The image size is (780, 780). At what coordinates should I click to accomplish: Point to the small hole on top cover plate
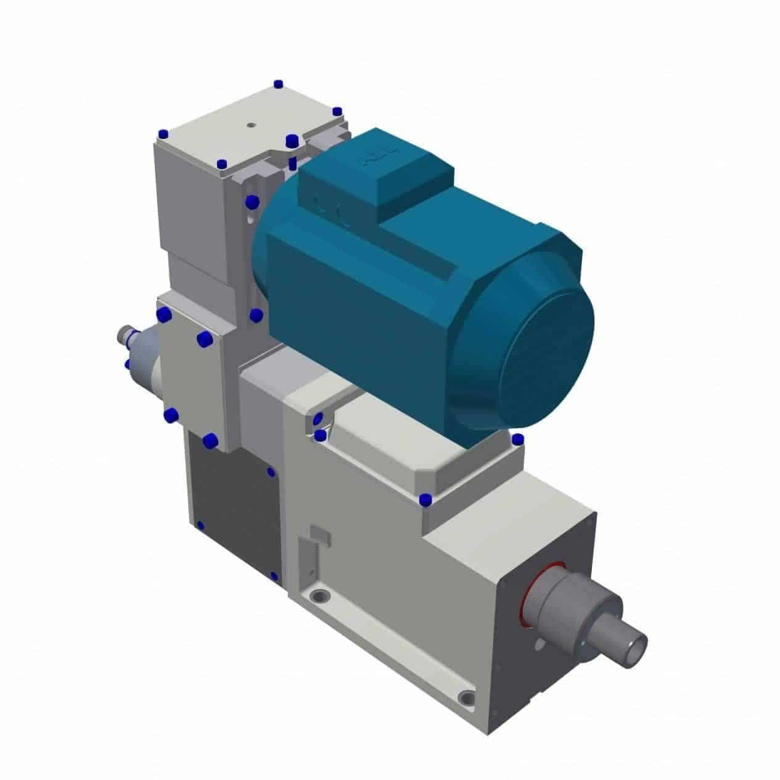pos(250,124)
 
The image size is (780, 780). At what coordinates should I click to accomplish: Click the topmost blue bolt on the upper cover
pos(278,84)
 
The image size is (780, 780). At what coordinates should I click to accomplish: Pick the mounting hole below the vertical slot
pos(319,597)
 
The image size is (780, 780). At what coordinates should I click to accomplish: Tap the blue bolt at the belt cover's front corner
pos(424,499)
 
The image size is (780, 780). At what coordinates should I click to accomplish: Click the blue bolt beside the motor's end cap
pos(518,439)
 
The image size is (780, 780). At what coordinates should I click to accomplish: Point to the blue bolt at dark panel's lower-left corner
pos(200,525)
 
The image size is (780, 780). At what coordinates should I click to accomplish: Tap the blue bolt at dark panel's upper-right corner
pos(271,472)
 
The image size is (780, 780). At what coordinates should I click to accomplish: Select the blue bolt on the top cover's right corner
pos(337,112)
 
